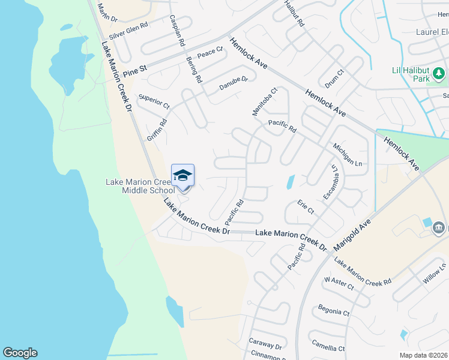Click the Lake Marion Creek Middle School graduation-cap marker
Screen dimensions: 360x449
[x=182, y=176]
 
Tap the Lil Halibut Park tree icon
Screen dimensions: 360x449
[x=439, y=74]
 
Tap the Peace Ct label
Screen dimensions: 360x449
[x=210, y=53]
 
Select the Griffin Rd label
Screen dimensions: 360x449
[x=157, y=129]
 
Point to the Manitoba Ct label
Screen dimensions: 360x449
[x=265, y=102]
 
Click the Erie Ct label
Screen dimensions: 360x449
[x=306, y=208]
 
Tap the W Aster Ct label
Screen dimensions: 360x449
[x=339, y=284]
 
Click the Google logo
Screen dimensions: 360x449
[x=20, y=353]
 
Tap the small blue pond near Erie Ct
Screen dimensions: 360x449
[x=291, y=181]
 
